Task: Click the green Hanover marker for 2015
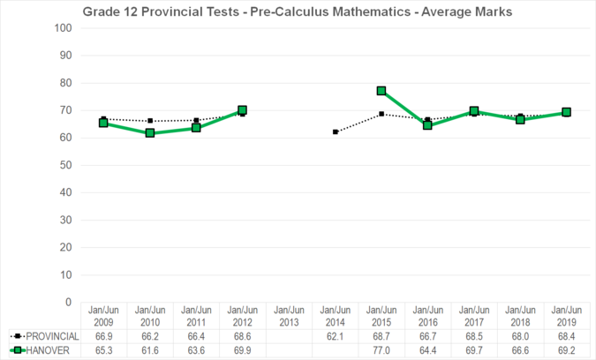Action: pos(381,91)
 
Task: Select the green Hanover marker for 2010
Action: pos(150,133)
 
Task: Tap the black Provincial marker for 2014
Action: pos(336,131)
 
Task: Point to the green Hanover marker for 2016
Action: pos(428,125)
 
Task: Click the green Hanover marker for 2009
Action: pos(103,123)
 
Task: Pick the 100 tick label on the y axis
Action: pos(63,27)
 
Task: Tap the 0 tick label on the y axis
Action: pos(68,302)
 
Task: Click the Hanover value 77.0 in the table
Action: pos(381,350)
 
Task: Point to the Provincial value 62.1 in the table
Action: pos(336,336)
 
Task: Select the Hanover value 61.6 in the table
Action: pos(150,350)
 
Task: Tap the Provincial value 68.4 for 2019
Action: pos(566,336)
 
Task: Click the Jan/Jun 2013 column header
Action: pos(289,316)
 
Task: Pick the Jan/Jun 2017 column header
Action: pos(474,316)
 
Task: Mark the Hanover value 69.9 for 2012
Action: pos(242,350)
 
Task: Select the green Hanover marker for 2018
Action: pos(520,119)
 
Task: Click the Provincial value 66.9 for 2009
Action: pos(103,336)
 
